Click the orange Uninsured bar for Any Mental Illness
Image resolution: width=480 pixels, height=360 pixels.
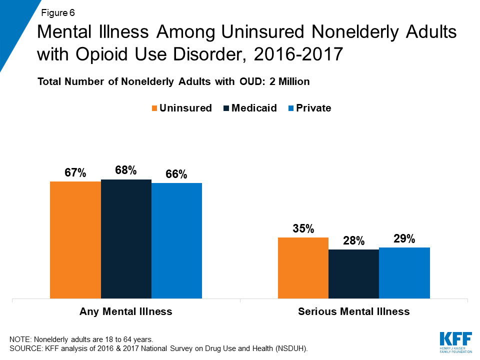[75, 240]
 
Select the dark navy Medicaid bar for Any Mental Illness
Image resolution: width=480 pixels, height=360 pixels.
[126, 239]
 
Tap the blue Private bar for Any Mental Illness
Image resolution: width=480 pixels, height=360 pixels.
[176, 241]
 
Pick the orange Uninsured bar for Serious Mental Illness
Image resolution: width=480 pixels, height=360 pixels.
[303, 268]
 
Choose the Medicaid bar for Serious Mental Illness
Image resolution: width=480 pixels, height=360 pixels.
[353, 274]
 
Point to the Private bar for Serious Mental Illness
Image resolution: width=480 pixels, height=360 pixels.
[404, 273]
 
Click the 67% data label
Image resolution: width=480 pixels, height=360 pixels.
[75, 173]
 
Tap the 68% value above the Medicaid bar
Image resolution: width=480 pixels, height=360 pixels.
[126, 170]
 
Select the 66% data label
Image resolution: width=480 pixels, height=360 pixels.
[176, 174]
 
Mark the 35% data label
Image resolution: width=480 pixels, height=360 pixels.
[303, 229]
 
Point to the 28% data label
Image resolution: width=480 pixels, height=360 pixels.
[353, 240]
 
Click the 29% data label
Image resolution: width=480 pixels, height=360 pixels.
[404, 239]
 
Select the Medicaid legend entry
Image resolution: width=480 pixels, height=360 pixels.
[249, 108]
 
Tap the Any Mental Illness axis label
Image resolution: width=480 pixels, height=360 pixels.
[126, 311]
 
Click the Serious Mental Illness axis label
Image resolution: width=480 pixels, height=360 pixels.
[353, 311]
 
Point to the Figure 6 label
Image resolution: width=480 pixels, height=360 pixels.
[57, 11]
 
